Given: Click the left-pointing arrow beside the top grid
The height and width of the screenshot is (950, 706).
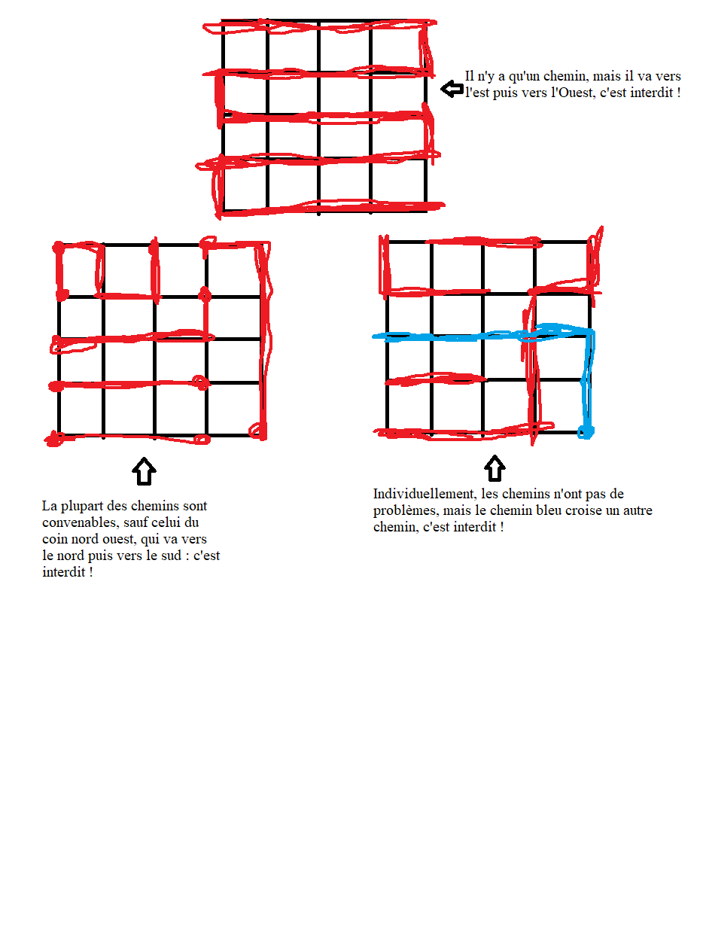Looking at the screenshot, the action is coord(452,89).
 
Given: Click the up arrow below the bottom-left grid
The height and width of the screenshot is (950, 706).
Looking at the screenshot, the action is coord(144,471).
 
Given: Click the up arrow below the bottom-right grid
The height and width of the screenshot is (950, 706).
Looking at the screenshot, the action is coord(495,468).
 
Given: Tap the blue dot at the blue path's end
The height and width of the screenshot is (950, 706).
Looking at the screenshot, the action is coord(585,432).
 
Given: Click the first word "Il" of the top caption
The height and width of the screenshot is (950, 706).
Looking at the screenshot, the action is coord(470,76).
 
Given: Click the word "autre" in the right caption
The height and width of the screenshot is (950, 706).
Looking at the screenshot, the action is coord(638,510).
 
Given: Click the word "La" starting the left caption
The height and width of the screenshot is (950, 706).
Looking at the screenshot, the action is coord(49,506).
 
